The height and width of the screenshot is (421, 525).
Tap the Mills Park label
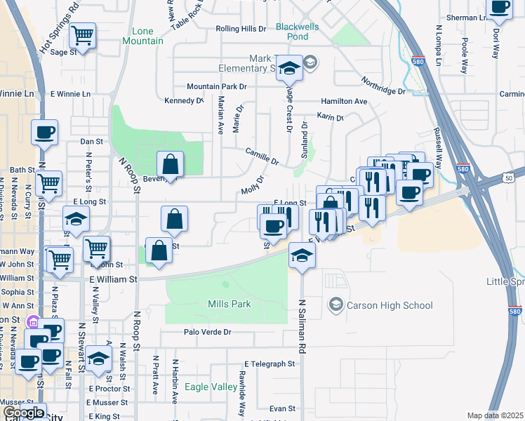pos(230,305)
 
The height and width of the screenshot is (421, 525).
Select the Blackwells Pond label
pos(301,31)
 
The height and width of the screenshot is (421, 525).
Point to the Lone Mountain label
pos(147,36)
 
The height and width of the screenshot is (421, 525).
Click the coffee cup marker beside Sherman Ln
pos(500,8)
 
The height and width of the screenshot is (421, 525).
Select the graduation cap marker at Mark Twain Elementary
pos(288,68)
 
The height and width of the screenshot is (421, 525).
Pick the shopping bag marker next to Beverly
pos(170,165)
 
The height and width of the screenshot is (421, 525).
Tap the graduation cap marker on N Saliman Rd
pos(302,255)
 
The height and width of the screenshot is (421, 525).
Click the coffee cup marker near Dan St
pos(44,133)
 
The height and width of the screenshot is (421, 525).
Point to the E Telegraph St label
pos(270,363)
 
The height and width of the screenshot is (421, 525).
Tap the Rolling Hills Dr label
pos(241,29)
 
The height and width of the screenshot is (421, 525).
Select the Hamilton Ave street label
pos(345,101)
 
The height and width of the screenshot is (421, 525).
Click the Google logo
pos(22,413)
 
